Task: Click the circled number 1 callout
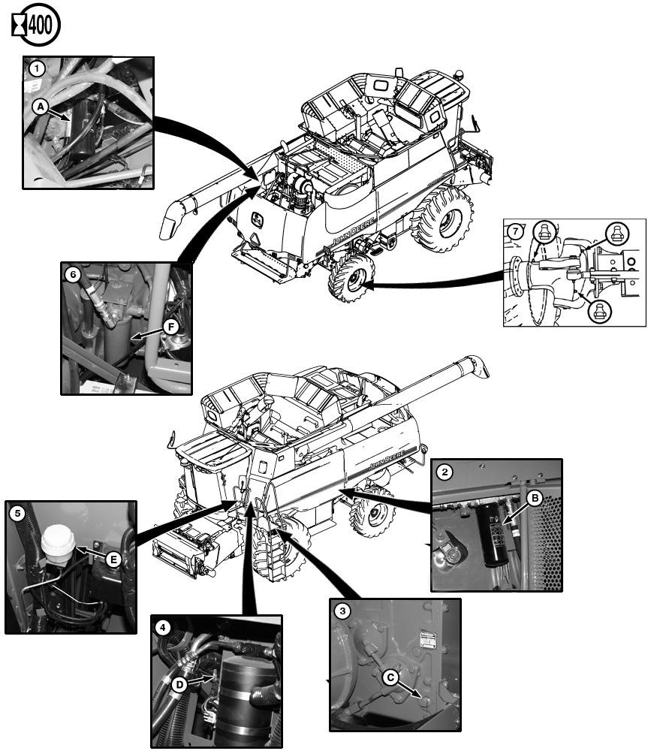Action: pyautogui.click(x=35, y=68)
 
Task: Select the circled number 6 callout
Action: pyautogui.click(x=73, y=275)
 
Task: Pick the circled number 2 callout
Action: pyautogui.click(x=445, y=472)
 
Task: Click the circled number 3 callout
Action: pyautogui.click(x=343, y=611)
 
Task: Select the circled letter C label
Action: pyautogui.click(x=390, y=675)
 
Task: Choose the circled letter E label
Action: pyautogui.click(x=113, y=559)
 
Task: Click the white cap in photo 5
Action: pyautogui.click(x=58, y=540)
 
